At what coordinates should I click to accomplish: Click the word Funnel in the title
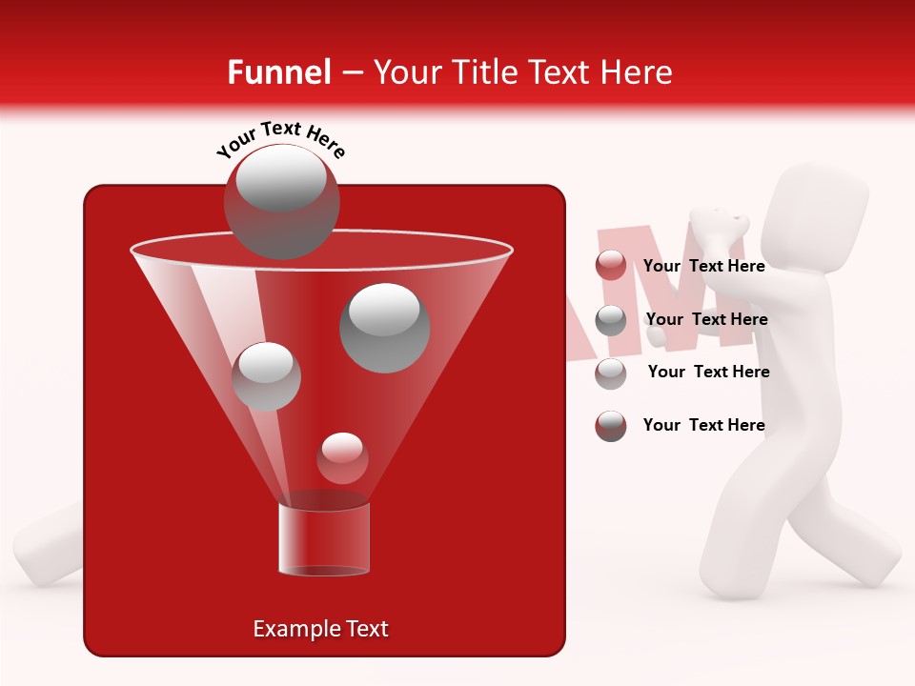tap(278, 72)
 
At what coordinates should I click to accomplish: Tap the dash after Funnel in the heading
tap(351, 72)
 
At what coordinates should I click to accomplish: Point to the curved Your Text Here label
tap(280, 137)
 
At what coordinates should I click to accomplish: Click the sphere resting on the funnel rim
tap(281, 202)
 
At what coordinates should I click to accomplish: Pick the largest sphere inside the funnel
tap(385, 327)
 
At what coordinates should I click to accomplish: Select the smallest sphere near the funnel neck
tap(342, 457)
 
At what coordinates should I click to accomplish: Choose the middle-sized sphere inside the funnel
tap(267, 376)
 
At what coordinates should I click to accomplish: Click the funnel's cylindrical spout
tap(323, 538)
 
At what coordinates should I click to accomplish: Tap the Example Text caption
tap(321, 629)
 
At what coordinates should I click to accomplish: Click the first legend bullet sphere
tap(611, 266)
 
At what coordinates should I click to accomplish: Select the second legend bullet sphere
tap(611, 320)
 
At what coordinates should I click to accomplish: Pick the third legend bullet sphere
tap(611, 373)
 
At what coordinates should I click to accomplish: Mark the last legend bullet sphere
tap(611, 426)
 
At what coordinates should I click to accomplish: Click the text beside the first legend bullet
tap(703, 266)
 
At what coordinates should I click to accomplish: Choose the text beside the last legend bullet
tap(703, 425)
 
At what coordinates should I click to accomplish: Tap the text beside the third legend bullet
tap(708, 372)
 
